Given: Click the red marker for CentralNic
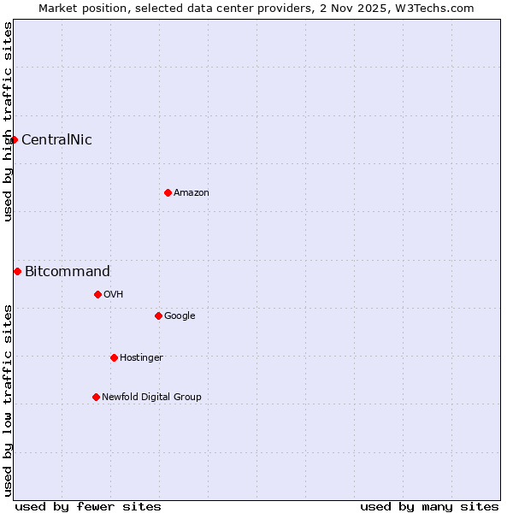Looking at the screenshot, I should (x=14, y=139).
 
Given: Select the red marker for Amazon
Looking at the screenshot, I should (x=168, y=192).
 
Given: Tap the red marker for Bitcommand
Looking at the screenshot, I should (x=17, y=271).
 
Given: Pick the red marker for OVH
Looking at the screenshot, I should (x=97, y=294).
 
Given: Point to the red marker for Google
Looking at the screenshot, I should (x=158, y=315).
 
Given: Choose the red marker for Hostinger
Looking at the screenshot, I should (x=114, y=357).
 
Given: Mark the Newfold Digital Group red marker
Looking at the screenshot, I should (x=96, y=397).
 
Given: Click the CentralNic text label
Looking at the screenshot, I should (x=56, y=140).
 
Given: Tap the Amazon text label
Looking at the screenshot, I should (x=192, y=193).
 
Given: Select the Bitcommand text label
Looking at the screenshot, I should (x=68, y=272).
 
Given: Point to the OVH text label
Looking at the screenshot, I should (x=114, y=295).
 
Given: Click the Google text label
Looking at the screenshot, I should (x=180, y=316).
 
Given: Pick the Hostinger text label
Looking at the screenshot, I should (x=141, y=358).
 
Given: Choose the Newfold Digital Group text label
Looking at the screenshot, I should (x=151, y=398).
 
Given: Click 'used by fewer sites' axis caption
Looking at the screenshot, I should (x=88, y=506).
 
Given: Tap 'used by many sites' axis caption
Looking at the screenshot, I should (x=429, y=506).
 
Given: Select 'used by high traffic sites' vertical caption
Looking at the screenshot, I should (x=8, y=121).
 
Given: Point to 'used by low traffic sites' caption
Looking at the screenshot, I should (x=8, y=399).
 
